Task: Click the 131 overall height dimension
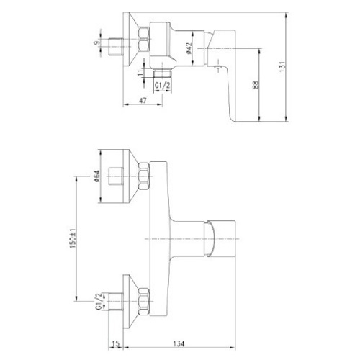(282, 67)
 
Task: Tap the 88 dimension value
(256, 84)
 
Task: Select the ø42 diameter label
(189, 48)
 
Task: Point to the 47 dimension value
(143, 100)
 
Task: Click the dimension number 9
(96, 43)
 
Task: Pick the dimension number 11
(140, 73)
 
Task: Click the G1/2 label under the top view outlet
(163, 86)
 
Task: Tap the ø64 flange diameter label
(96, 176)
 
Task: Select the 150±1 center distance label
(73, 238)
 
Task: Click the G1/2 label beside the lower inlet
(99, 301)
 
